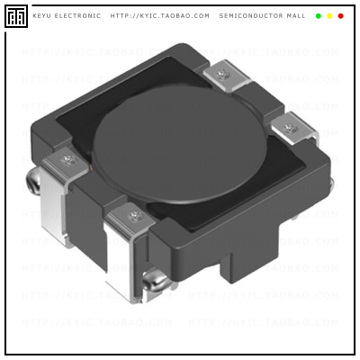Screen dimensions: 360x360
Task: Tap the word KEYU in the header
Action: tap(42, 16)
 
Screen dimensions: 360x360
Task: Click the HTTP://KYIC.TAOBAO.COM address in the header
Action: tap(159, 16)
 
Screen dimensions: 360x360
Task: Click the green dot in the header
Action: tap(319, 16)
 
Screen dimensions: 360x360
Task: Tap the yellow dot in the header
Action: tap(329, 16)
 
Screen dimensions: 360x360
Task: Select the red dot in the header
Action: tap(340, 16)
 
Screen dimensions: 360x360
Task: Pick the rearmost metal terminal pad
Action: tap(222, 74)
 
